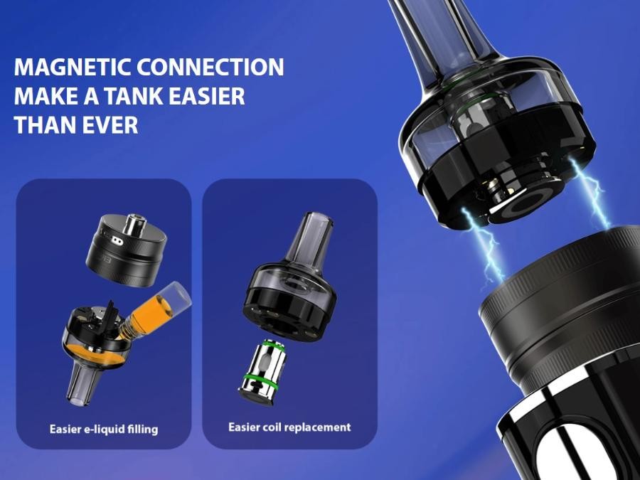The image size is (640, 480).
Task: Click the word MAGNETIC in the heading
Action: pyautogui.click(x=73, y=68)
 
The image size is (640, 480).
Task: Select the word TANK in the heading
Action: pyautogui.click(x=134, y=96)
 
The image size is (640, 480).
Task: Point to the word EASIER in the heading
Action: pyautogui.click(x=207, y=96)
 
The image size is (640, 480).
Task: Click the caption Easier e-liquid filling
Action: pyautogui.click(x=104, y=430)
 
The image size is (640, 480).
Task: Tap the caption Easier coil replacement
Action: pyautogui.click(x=289, y=427)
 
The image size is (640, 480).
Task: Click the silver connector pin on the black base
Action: pyautogui.click(x=135, y=225)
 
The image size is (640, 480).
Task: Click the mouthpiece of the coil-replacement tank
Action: pyautogui.click(x=310, y=239)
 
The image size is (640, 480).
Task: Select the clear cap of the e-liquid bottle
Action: pyautogui.click(x=176, y=296)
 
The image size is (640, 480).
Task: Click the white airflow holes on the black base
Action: pyautogui.click(x=117, y=241)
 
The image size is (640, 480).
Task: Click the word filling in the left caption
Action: pyautogui.click(x=142, y=430)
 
